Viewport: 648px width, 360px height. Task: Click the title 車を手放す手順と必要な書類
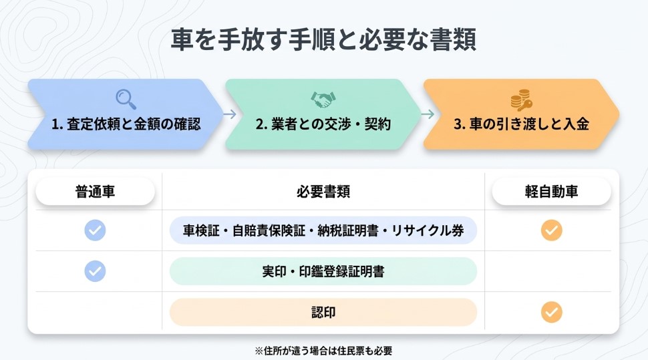pyautogui.click(x=323, y=39)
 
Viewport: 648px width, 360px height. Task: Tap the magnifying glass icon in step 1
pyautogui.click(x=126, y=99)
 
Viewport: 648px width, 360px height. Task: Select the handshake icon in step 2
pyautogui.click(x=323, y=100)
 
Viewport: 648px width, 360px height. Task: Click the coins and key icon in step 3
pyautogui.click(x=521, y=100)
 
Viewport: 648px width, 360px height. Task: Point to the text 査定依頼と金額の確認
pyautogui.click(x=134, y=124)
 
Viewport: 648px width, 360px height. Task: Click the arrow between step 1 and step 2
pyautogui.click(x=229, y=114)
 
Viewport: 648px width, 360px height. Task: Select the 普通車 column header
pyautogui.click(x=95, y=192)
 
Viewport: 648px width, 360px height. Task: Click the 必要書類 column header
pyautogui.click(x=323, y=192)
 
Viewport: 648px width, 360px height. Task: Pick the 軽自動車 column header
pyautogui.click(x=551, y=192)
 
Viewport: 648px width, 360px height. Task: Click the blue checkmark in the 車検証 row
pyautogui.click(x=95, y=230)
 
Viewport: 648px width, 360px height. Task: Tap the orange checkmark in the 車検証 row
pyautogui.click(x=551, y=230)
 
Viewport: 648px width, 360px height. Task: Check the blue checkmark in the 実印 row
pyautogui.click(x=95, y=271)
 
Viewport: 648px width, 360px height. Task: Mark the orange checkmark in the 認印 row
pyautogui.click(x=551, y=312)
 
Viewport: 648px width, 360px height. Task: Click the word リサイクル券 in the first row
pyautogui.click(x=435, y=230)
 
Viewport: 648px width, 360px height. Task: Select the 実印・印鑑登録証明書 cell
pyautogui.click(x=323, y=271)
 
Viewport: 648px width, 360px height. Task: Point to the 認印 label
pyautogui.click(x=323, y=312)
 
